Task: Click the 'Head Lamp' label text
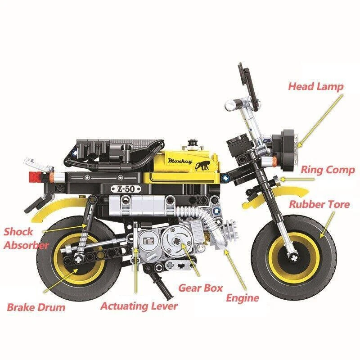[315, 86]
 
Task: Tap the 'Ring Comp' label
[328, 170]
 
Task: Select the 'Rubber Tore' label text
[319, 204]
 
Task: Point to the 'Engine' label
[242, 298]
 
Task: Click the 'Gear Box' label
[201, 288]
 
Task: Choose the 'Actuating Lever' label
[139, 306]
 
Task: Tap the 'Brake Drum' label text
[36, 308]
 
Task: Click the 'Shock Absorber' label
[25, 238]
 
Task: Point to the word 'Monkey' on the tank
[180, 161]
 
